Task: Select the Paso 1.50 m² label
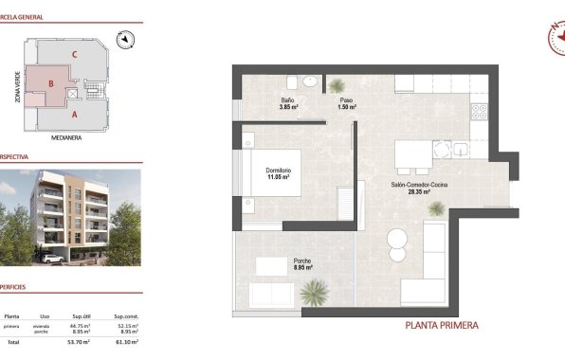346,103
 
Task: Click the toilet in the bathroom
292,80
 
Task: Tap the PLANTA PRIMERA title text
441,325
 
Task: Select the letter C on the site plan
74,54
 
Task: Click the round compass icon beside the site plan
125,39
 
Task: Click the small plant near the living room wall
436,208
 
